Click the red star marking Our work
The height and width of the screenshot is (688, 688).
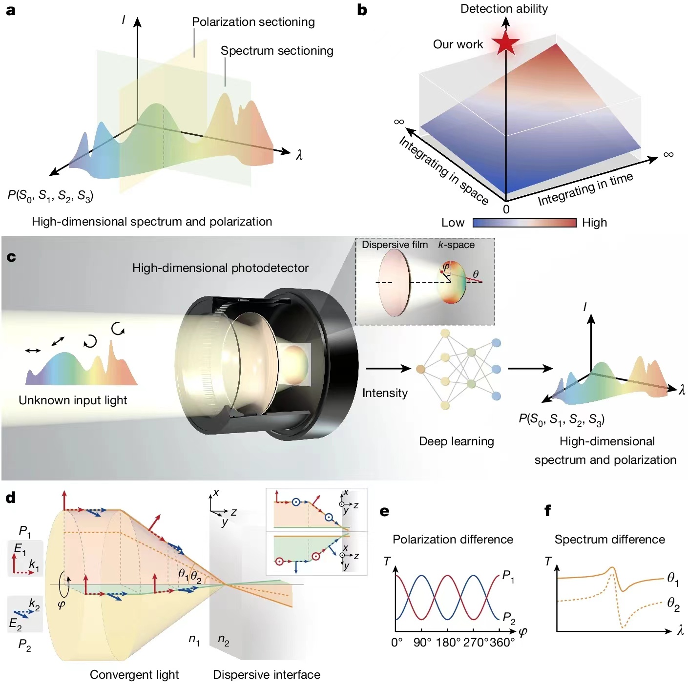pos(505,42)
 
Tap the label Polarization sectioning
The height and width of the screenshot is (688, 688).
pos(253,22)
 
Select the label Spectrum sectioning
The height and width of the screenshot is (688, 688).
pos(277,51)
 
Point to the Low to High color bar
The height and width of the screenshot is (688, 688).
pos(524,223)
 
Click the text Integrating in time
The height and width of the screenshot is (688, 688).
pos(585,189)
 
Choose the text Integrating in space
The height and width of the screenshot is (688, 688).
pos(443,170)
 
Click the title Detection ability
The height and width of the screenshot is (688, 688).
pos(504,9)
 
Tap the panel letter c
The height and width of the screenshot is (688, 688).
pos(11,257)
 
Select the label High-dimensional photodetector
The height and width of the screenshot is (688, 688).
pos(220,268)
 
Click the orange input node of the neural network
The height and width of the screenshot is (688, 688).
pos(420,369)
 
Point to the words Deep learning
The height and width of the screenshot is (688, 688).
pos(456,441)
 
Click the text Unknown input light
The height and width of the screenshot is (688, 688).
pos(73,400)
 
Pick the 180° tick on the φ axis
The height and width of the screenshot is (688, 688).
pos(448,643)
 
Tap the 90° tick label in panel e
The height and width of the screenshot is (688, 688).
pos(422,643)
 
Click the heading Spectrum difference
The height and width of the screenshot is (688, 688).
pos(609,540)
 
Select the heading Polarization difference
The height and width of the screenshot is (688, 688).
pos(453,540)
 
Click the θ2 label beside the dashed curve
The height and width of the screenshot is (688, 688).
pos(673,605)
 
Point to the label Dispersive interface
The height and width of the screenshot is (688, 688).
pos(267,675)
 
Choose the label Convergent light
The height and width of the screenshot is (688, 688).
pos(134,675)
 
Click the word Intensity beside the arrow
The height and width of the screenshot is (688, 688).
pos(385,393)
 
